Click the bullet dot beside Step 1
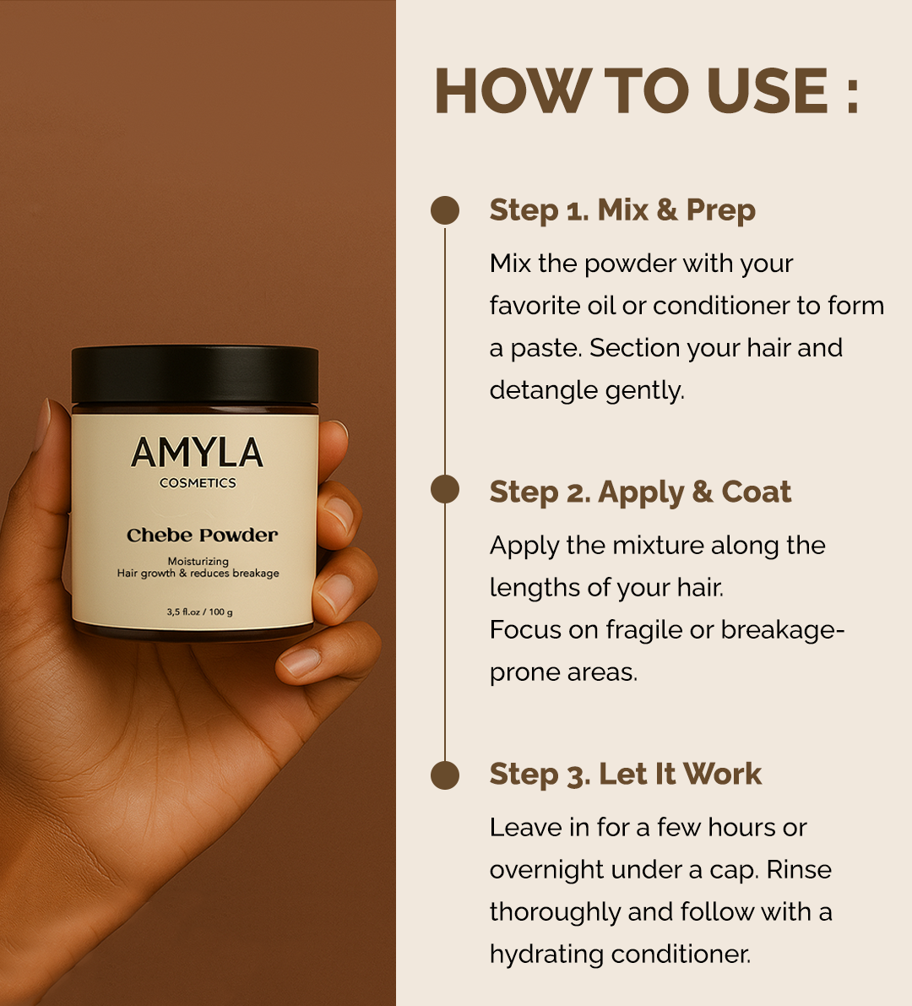445,210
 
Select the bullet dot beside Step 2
445,490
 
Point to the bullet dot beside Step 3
445,775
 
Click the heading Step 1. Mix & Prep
622,210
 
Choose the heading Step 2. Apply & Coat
640,492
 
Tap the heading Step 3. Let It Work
625,775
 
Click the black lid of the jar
195,374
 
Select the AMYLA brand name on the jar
197,454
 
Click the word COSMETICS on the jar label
198,483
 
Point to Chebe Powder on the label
202,536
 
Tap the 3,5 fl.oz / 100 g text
199,612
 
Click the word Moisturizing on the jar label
198,561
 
